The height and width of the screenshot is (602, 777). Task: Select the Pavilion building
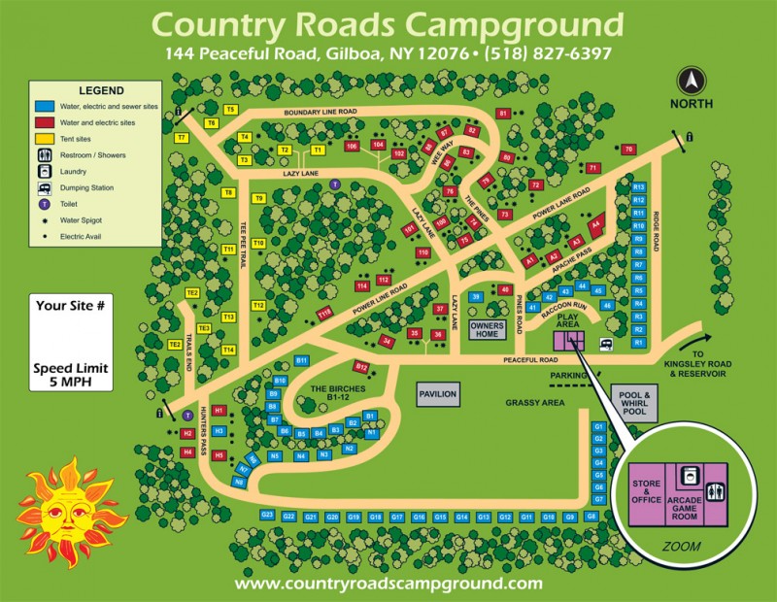coord(436,394)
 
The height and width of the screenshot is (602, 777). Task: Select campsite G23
coord(268,515)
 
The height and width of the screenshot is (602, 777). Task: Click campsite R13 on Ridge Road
coord(639,186)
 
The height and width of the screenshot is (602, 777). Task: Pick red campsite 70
coord(629,149)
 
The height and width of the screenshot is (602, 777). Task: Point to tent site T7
coord(182,138)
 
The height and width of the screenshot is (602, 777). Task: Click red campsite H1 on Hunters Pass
coord(219,410)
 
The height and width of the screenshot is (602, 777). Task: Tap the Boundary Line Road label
coord(321,113)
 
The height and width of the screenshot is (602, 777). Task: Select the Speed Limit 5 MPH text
coord(69,375)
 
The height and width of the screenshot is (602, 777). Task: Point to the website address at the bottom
coord(388,584)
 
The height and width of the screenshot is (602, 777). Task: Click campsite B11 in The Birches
coord(301,360)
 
